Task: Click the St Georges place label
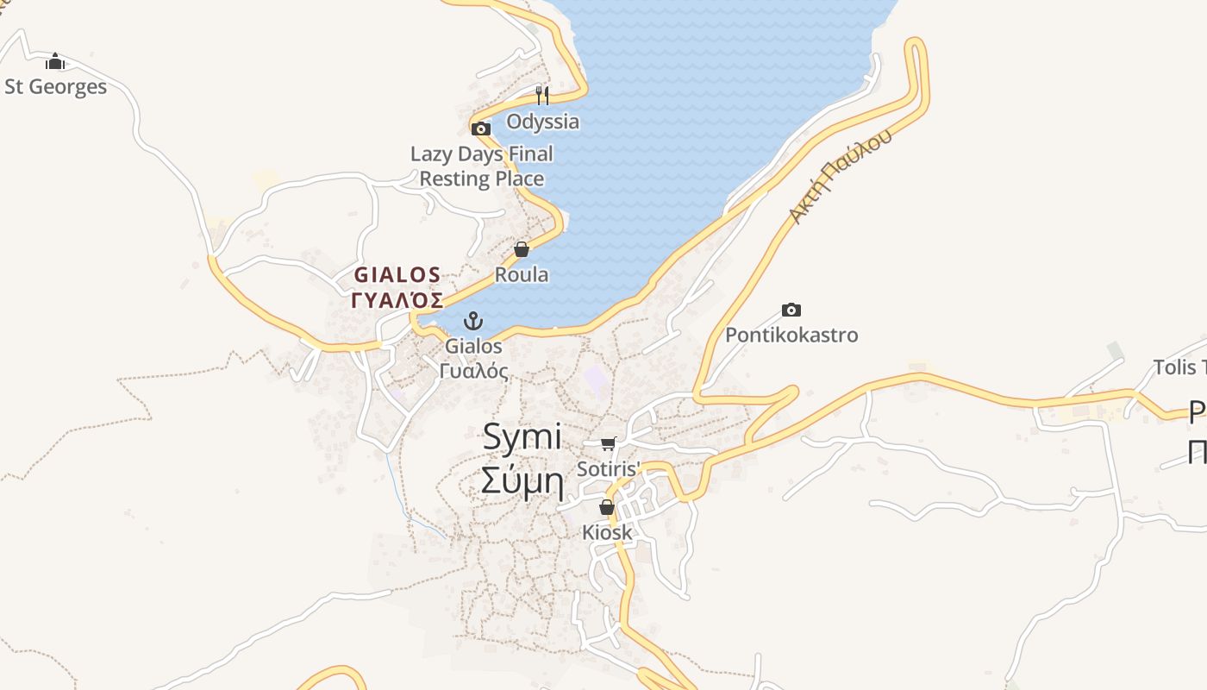56,87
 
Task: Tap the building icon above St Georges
55,61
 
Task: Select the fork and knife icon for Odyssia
542,95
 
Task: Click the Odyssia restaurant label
542,122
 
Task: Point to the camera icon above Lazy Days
481,129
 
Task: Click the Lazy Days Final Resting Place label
481,166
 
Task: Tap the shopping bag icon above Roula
522,249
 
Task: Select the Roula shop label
522,275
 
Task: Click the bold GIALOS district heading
398,275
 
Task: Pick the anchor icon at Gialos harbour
472,322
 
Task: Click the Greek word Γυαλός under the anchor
473,371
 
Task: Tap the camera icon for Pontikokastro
791,310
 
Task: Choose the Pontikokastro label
791,335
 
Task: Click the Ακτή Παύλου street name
839,178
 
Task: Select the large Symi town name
522,436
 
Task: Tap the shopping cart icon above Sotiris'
609,444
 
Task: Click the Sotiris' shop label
609,470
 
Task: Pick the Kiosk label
607,532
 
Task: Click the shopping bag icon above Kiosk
607,507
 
